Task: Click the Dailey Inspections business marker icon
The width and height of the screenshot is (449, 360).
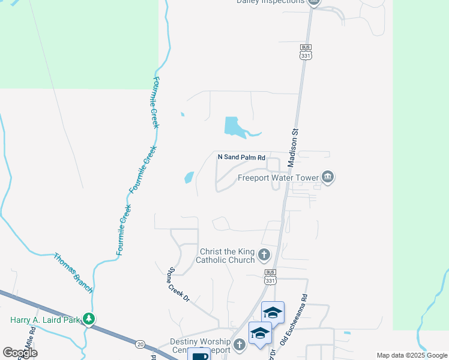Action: [313, 2]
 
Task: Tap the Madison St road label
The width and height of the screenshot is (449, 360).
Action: [293, 143]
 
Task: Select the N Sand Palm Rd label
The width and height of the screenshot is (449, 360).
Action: [241, 157]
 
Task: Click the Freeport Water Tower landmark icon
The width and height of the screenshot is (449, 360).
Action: [328, 177]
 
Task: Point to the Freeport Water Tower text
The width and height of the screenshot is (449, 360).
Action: [279, 178]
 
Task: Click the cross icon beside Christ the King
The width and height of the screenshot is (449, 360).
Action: [264, 256]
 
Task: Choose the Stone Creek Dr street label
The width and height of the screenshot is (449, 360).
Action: [179, 284]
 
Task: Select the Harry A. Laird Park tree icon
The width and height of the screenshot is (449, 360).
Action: [89, 319]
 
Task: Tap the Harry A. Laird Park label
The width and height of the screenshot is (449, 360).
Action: [45, 320]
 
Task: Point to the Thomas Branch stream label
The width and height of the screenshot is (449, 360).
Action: [73, 272]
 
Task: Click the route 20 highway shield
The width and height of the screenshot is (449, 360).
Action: [140, 344]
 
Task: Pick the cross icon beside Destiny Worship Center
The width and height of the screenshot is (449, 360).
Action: [240, 344]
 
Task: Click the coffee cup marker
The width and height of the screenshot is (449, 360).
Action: [199, 355]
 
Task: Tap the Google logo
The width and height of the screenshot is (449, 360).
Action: [20, 353]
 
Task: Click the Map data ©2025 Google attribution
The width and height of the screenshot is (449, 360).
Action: [412, 355]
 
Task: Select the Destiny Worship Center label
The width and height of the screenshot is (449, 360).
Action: [200, 345]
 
